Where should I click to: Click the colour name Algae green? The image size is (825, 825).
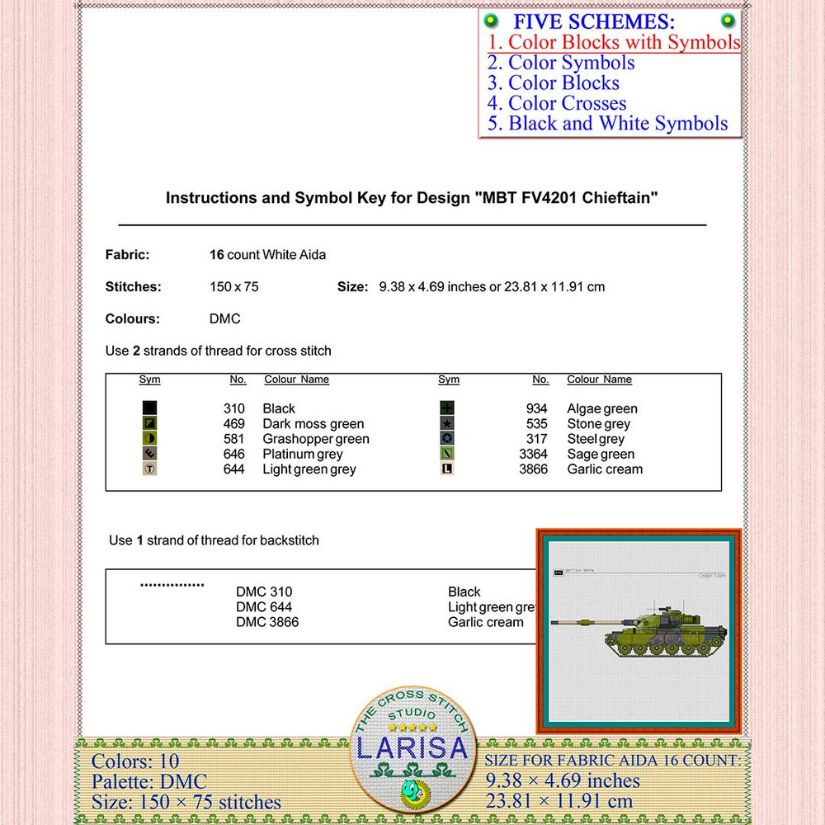(602, 408)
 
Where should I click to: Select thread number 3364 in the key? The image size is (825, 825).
(533, 454)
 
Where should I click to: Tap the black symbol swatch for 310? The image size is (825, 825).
(149, 408)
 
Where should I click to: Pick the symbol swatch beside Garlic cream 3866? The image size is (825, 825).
(448, 469)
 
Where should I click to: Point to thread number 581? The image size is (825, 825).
(234, 439)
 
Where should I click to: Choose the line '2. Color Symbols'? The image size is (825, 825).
(561, 63)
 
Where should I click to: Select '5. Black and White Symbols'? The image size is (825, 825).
(607, 124)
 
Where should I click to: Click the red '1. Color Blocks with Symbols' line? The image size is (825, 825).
(613, 42)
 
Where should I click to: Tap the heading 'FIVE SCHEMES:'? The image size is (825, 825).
(594, 21)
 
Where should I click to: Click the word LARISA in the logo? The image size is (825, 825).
(412, 748)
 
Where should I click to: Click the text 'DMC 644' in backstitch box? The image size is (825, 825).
(264, 607)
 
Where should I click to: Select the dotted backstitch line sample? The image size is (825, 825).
(172, 585)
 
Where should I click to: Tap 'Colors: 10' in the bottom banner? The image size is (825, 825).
(135, 761)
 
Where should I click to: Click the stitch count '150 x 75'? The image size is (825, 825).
(234, 287)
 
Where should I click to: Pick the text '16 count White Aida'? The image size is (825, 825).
(268, 255)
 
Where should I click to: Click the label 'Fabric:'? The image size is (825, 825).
(127, 255)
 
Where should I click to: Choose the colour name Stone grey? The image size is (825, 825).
(598, 424)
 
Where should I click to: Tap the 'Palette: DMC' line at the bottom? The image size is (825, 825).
(149, 781)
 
